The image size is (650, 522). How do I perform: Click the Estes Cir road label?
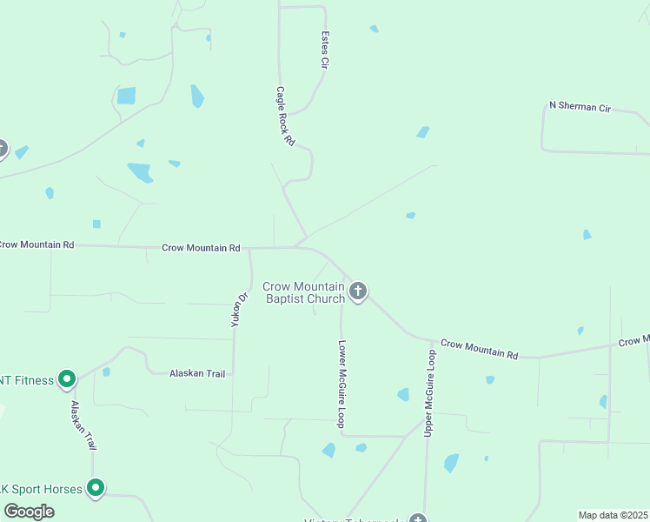point(325,50)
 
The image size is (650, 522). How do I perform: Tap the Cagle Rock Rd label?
point(285,116)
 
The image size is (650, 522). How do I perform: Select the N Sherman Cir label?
point(580,107)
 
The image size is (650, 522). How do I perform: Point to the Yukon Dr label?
point(240,309)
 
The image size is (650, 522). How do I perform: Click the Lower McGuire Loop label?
point(342,383)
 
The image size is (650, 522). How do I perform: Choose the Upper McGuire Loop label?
point(429,393)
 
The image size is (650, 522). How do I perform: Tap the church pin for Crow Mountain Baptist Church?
point(358,291)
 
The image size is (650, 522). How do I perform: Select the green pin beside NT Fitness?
point(66,379)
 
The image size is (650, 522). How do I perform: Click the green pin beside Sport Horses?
point(96,488)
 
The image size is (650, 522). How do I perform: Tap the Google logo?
point(29,512)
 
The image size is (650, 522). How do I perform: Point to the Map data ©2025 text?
point(613,515)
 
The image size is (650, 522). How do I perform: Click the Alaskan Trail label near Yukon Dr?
point(197,373)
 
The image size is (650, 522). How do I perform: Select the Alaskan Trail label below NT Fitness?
point(83,425)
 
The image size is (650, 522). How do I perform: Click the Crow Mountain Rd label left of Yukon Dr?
point(201,248)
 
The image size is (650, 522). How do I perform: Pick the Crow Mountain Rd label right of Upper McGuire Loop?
point(479,349)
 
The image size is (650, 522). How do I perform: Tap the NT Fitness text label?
point(26,380)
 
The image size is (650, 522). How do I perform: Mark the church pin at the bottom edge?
point(419,519)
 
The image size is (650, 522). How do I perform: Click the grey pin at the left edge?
point(2,149)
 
